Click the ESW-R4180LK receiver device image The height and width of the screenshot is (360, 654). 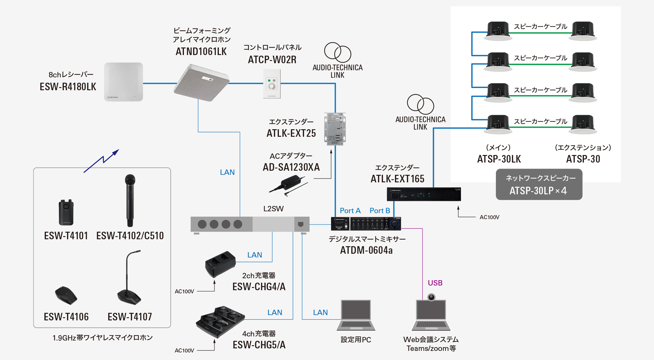coord(124,82)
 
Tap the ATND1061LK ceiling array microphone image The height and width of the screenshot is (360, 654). coord(202,83)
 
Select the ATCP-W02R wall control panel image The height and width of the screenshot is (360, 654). coord(272,84)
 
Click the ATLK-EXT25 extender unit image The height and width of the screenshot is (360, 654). coord(335,129)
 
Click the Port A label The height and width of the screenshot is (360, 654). coord(350,211)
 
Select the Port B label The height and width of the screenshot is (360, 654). coord(380,211)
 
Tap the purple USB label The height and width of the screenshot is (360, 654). coord(435,283)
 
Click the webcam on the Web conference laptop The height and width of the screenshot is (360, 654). coord(431,297)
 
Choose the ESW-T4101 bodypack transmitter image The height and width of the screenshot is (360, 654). coord(66,213)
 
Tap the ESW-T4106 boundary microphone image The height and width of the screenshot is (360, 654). coord(66,296)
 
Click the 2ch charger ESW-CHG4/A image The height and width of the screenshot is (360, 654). coord(220,263)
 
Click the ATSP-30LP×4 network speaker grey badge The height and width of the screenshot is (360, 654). coord(539,185)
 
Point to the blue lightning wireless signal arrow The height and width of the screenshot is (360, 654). coord(101,161)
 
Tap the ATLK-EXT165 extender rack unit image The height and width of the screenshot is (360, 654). coord(424,194)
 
